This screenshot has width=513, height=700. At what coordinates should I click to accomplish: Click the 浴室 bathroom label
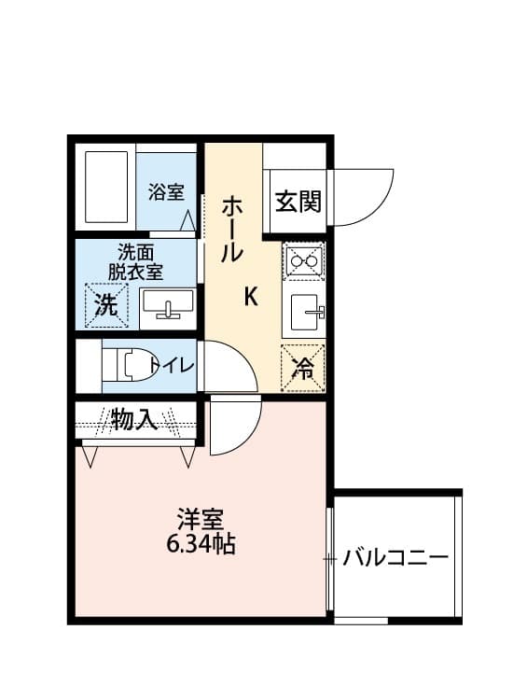(x=166, y=192)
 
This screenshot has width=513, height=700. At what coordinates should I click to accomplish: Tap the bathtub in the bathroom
(x=105, y=187)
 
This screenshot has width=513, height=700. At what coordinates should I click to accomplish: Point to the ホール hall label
(x=232, y=230)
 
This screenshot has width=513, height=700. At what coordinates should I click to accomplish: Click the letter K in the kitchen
(x=250, y=297)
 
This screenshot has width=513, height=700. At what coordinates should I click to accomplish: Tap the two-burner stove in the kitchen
(x=303, y=261)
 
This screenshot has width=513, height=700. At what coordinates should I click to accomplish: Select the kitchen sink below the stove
(x=305, y=313)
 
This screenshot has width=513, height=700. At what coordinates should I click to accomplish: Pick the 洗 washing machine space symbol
(x=105, y=305)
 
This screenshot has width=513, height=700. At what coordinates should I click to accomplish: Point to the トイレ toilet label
(x=172, y=365)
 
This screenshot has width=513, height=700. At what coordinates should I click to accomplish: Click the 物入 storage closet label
(x=134, y=420)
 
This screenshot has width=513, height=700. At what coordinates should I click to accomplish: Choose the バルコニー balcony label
(x=395, y=559)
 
